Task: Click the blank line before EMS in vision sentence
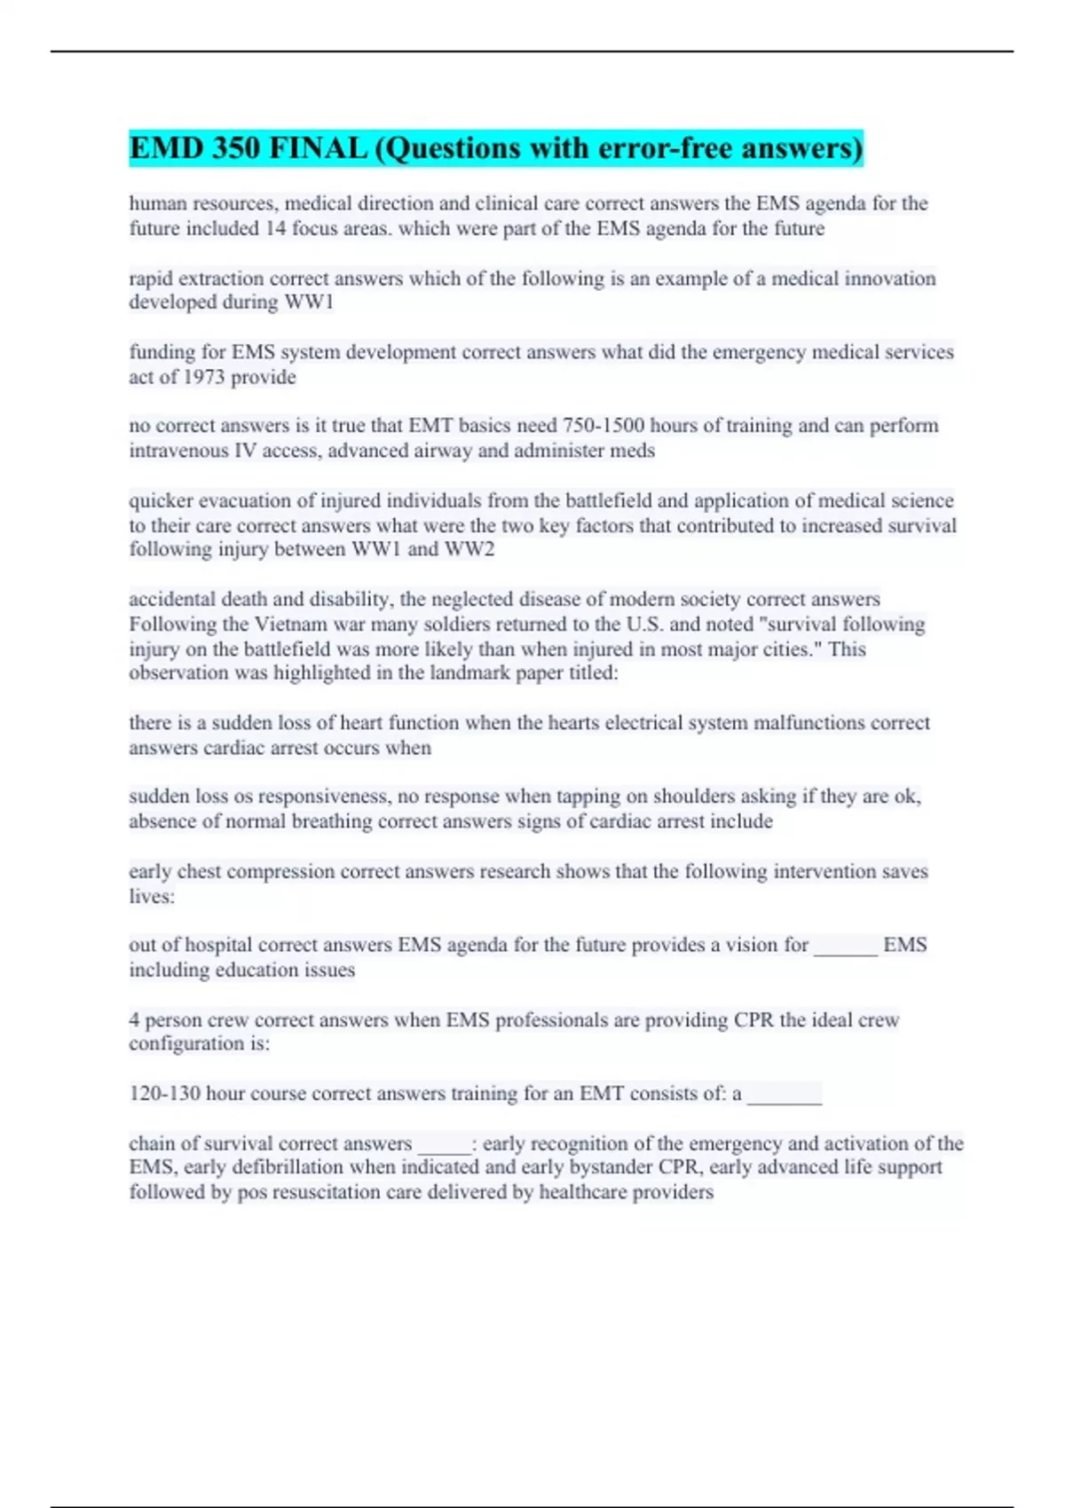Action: tap(846, 947)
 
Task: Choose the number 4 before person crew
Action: tap(134, 1020)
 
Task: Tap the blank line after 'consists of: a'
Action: tap(785, 1096)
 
